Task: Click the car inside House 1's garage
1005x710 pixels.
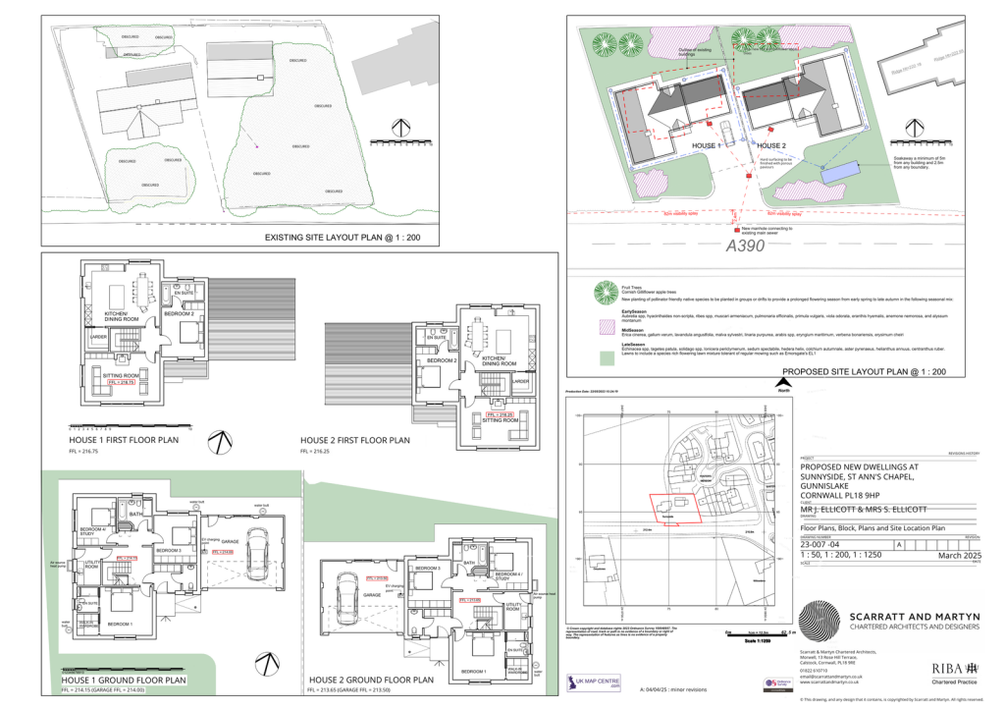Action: pos(257,557)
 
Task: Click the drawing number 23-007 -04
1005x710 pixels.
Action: pos(820,543)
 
